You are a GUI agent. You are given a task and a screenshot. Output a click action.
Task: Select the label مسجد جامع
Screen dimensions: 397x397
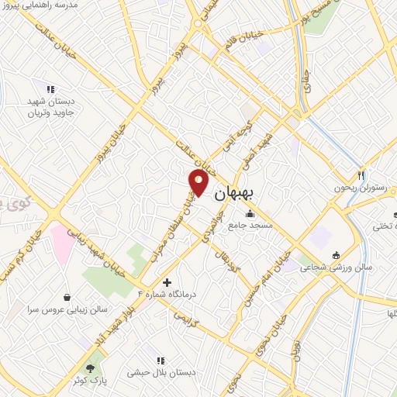pos(250,226)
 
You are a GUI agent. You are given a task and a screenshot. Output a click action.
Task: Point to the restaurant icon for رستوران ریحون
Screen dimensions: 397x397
pos(361,175)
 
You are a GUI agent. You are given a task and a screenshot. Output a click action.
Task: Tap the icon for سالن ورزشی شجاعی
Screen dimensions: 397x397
pos(336,255)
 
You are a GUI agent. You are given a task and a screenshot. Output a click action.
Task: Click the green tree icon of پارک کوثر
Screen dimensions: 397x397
pos(91,367)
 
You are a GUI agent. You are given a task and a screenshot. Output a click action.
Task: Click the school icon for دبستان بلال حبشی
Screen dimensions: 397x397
pos(161,361)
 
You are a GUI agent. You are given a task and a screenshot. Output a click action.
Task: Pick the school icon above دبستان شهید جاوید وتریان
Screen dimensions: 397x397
pos(50,91)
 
